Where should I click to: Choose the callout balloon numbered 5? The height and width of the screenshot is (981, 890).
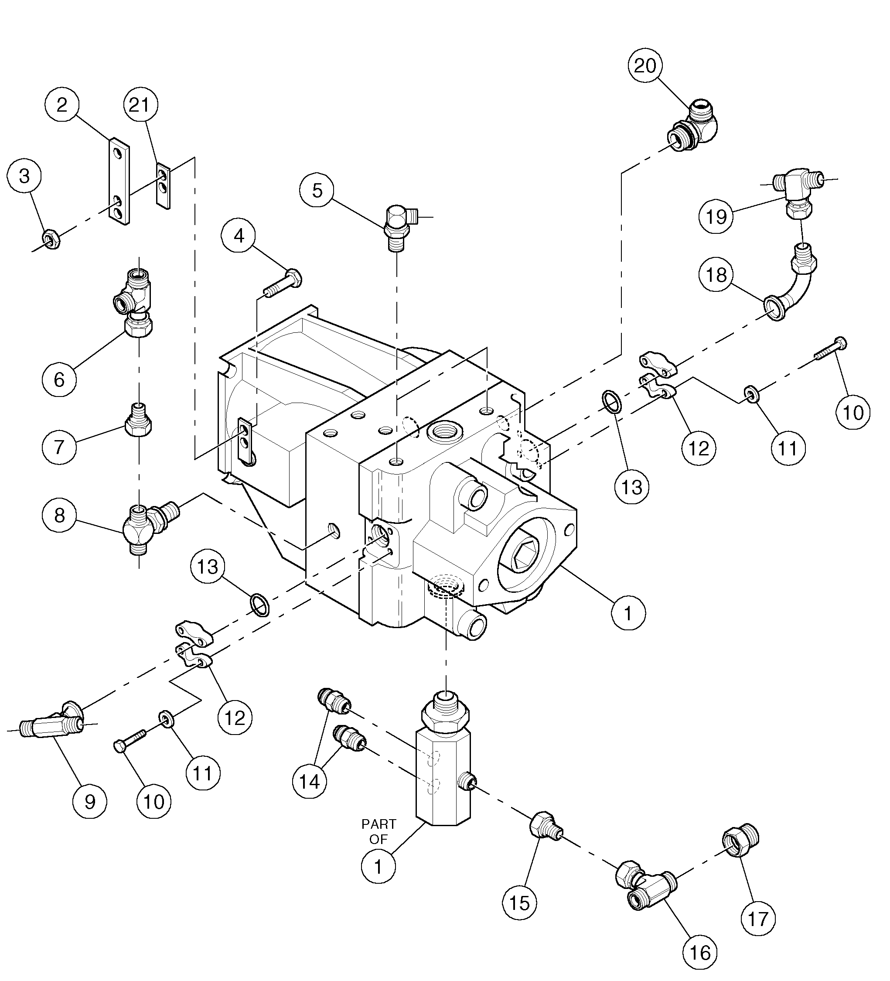[317, 190]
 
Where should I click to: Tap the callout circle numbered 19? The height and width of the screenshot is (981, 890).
[716, 216]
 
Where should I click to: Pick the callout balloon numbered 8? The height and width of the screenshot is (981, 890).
[59, 515]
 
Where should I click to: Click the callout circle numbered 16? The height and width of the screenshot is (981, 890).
[700, 952]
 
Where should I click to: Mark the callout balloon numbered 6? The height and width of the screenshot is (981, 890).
[59, 379]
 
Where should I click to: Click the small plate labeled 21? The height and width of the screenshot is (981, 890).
[164, 186]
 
